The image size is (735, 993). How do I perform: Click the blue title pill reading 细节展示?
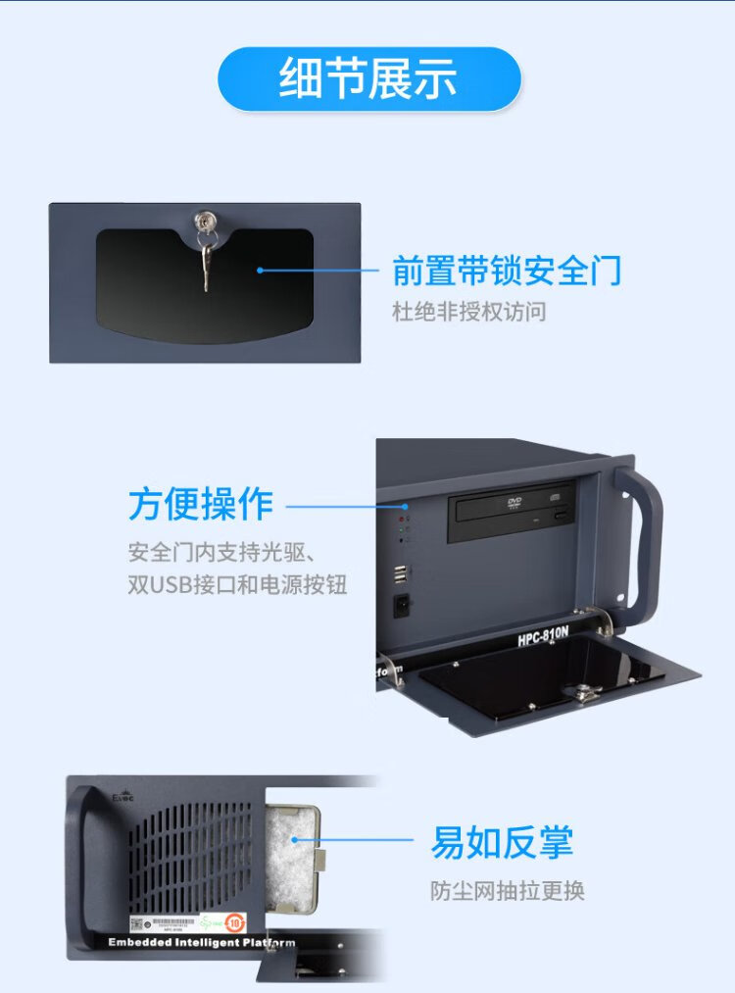(367, 78)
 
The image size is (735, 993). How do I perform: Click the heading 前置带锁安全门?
(507, 272)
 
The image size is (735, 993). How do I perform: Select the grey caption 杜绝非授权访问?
(468, 313)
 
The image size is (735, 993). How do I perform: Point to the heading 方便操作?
(200, 505)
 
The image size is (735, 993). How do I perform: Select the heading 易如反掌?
(502, 842)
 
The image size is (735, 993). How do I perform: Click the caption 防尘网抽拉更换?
(507, 891)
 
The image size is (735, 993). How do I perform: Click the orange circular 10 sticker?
(234, 922)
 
